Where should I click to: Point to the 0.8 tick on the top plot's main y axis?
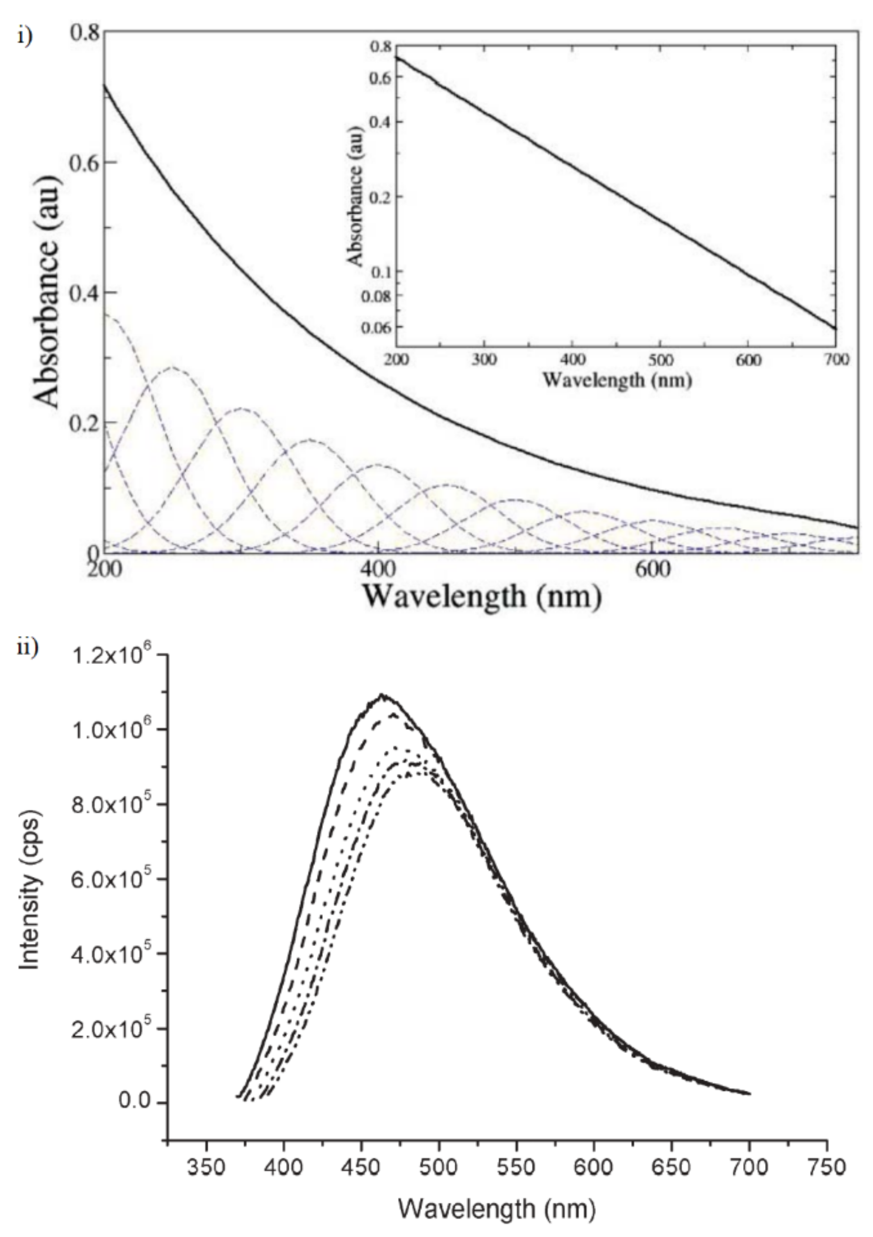click(86, 34)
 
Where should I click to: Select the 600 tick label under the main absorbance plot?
click(652, 569)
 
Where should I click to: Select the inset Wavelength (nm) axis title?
click(616, 380)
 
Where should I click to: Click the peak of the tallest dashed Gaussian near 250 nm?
click(172, 368)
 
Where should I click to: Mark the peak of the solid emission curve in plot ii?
click(383, 696)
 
